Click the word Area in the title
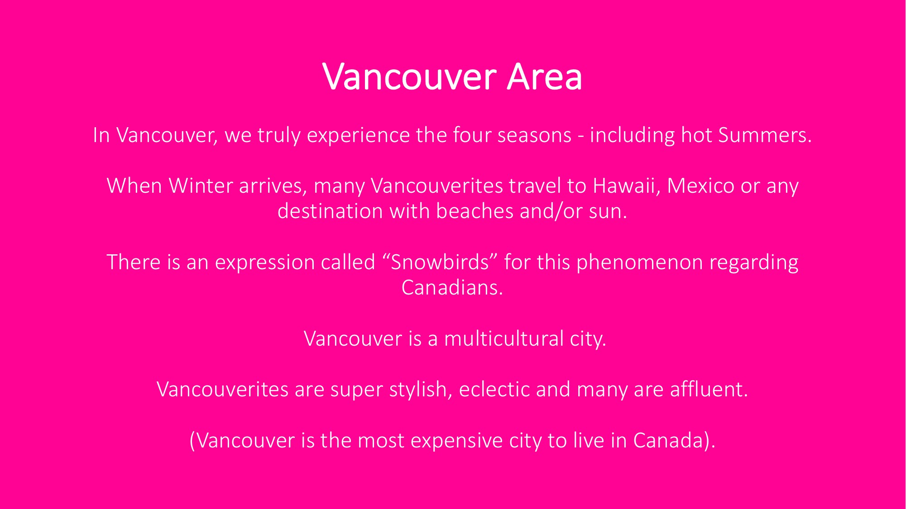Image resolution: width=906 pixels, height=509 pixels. (x=544, y=77)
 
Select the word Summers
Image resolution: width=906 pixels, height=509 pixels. (x=765, y=135)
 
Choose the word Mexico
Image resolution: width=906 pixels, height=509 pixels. (x=700, y=186)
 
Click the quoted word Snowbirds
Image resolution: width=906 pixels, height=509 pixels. (x=440, y=262)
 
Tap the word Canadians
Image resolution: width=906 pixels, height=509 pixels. (x=452, y=288)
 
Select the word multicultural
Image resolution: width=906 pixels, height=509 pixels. (x=503, y=339)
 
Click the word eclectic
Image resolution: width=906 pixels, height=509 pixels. (x=494, y=390)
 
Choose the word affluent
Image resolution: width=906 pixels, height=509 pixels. (x=709, y=390)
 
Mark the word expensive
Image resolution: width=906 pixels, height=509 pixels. (x=456, y=441)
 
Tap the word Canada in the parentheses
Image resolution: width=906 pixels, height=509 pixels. (x=668, y=441)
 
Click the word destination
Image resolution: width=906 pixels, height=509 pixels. (x=330, y=211)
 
